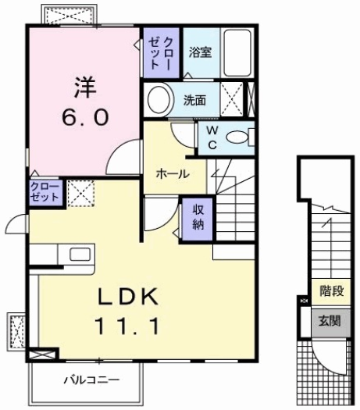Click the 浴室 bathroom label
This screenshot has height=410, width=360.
[x=200, y=53]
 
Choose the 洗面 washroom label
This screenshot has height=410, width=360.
[x=194, y=100]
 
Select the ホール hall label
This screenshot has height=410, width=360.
[x=173, y=173]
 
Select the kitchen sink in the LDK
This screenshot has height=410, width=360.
[x=79, y=255]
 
